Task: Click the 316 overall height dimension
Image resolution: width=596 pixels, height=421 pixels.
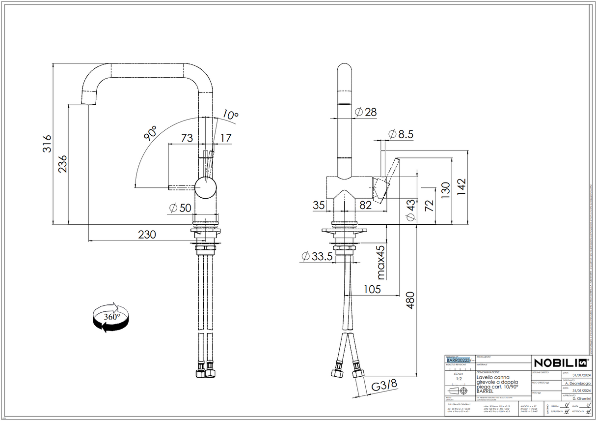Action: coord(46,144)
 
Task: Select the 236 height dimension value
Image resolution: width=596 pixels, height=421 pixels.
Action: coord(63,164)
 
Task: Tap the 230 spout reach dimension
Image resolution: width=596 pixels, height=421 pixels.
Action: coord(146,235)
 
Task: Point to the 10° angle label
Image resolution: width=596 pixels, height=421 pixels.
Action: coord(230,116)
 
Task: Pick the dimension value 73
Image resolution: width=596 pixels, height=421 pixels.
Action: coord(187,138)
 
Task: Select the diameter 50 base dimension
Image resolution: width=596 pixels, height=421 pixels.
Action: coord(180,208)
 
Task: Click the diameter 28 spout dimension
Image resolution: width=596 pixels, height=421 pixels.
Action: coord(366,112)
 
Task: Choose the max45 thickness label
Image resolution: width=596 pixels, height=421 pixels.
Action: coord(380,262)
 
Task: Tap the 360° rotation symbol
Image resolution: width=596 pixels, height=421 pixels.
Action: coord(111,318)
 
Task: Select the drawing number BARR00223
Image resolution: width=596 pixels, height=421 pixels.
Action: coord(460,360)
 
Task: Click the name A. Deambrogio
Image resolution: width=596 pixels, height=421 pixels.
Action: coord(576,383)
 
